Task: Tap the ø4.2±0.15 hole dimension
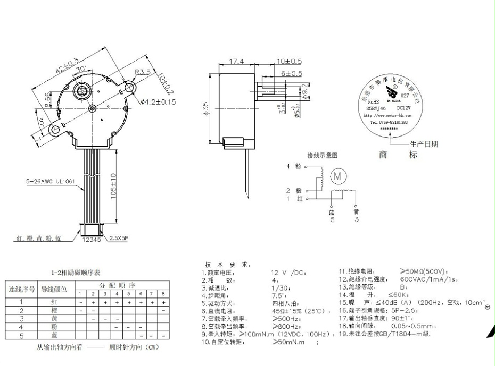click(158, 101)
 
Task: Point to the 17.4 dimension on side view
click(236, 62)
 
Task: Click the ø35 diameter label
click(207, 109)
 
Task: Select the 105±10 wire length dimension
click(113, 185)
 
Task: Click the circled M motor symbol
click(337, 175)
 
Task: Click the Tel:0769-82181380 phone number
click(389, 122)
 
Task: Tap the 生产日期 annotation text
click(424, 144)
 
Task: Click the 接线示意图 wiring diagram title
click(322, 156)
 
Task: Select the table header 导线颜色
click(55, 290)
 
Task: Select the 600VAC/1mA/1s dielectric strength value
click(429, 279)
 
